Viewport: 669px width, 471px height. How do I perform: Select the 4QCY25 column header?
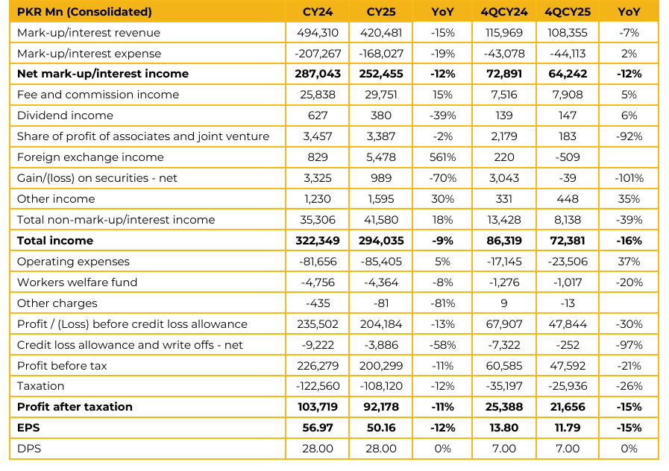click(568, 12)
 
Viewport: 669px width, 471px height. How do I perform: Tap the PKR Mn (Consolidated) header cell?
click(84, 12)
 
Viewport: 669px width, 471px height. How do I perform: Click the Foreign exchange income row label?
click(89, 157)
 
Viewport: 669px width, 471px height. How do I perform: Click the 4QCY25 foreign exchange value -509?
click(568, 157)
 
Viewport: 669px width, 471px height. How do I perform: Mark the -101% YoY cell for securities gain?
click(629, 178)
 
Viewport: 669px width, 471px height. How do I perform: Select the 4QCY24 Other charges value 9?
click(504, 303)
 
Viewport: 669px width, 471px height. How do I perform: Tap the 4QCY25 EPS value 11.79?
click(568, 428)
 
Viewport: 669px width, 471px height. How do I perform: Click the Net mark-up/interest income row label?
click(103, 74)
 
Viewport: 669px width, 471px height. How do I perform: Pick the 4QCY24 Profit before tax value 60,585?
click(504, 365)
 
